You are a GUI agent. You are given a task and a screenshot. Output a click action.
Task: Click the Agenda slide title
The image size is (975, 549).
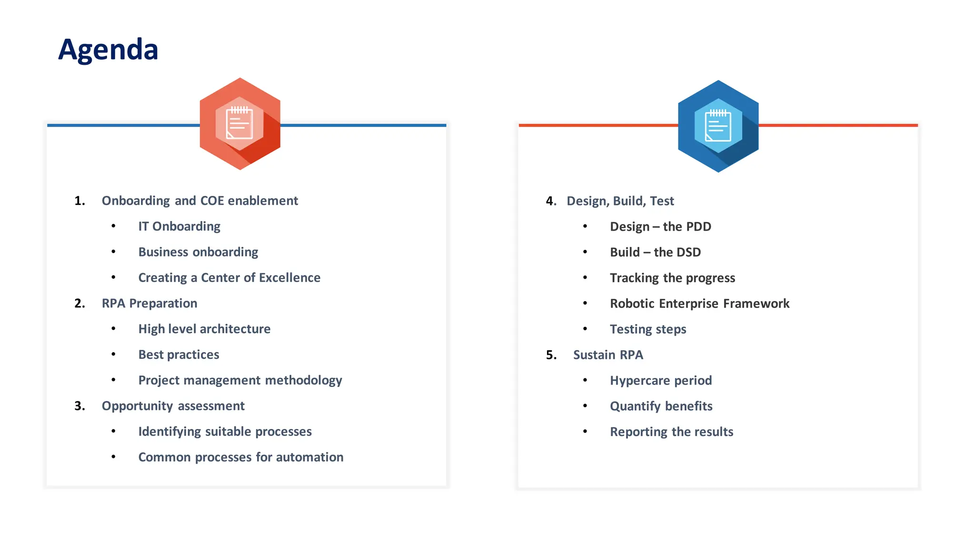coord(108,50)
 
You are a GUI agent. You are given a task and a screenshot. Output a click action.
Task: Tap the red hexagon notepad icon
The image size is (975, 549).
coord(240,124)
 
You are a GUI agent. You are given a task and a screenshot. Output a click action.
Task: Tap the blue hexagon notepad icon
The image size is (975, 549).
coord(718,126)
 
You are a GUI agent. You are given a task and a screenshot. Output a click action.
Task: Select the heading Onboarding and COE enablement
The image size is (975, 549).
coord(199,201)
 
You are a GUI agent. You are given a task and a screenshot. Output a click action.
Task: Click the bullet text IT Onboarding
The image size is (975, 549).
coord(179,226)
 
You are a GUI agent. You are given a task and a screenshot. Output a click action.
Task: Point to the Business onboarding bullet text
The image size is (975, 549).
coord(198,252)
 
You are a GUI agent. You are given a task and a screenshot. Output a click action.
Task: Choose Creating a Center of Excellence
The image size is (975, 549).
coord(229,278)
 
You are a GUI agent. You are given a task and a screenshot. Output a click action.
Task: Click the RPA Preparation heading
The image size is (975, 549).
coord(149,304)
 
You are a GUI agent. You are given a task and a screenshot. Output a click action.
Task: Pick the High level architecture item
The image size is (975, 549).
coord(204,329)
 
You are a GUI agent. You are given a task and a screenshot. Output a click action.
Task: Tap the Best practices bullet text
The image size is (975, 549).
coord(179,355)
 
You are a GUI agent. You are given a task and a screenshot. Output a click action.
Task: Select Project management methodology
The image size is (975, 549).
coord(240,380)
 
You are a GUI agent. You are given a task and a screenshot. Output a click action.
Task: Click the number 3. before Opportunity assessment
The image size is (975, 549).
coord(80,406)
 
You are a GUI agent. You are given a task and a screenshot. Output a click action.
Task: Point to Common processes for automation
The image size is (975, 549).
coord(240,457)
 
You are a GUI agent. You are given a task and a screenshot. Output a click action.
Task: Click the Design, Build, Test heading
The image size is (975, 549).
coord(620,201)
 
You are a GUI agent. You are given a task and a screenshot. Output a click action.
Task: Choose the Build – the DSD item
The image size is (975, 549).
coord(655,252)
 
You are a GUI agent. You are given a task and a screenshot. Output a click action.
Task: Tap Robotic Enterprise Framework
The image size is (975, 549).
coord(699,304)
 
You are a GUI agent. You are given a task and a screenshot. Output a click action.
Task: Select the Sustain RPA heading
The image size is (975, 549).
coord(608,355)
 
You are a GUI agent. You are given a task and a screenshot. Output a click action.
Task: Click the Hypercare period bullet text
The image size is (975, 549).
coord(661,380)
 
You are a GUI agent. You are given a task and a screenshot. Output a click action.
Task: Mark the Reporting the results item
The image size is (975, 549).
coord(671,432)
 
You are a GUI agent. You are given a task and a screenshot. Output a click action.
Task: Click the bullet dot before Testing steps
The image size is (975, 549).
coord(585,329)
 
